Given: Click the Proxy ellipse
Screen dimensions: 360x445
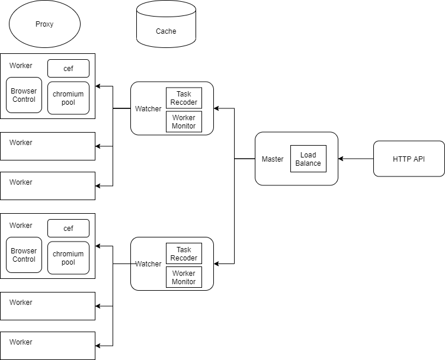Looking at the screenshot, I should [x=44, y=24].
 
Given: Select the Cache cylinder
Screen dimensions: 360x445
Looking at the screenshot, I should [x=166, y=27].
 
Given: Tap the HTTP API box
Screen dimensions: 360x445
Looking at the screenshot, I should [x=409, y=159].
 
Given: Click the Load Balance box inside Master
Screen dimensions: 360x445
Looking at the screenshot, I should [x=308, y=159].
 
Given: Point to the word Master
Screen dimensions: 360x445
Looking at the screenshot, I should [x=273, y=159].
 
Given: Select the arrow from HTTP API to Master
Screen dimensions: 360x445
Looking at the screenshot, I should [x=356, y=159].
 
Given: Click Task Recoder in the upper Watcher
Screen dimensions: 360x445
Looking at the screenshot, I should [x=184, y=98].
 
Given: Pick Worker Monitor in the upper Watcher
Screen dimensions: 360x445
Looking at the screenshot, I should [x=184, y=121].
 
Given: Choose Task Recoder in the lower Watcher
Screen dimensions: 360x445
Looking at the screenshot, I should [x=184, y=254].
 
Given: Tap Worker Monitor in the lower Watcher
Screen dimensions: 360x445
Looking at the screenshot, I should [x=184, y=277].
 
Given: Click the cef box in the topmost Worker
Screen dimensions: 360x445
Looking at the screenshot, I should [x=68, y=69].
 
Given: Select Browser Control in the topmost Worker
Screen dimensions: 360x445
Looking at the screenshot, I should [x=24, y=95].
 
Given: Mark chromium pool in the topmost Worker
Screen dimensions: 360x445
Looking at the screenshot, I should [x=68, y=98].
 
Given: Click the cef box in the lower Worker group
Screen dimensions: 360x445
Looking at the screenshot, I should [x=68, y=229].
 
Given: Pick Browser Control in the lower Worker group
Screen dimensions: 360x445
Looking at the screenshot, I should [x=24, y=255].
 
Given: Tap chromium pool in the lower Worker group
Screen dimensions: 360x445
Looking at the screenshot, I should [x=68, y=258].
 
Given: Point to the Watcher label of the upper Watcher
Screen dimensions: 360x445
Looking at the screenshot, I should [x=148, y=109].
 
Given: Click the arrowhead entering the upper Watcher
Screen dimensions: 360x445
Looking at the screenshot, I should [x=216, y=108].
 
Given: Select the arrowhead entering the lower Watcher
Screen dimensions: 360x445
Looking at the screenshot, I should [x=216, y=263].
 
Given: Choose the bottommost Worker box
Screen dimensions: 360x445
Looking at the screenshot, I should [x=47, y=346].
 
